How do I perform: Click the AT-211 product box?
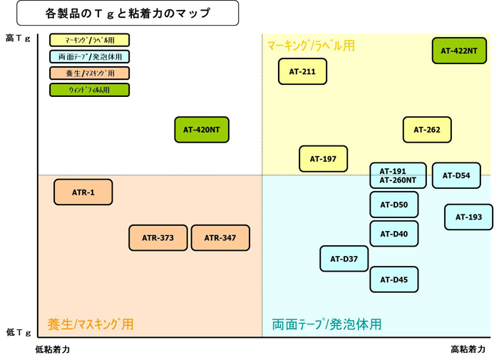tap(302, 71)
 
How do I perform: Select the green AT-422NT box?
tap(459, 51)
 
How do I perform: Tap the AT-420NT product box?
tap(202, 130)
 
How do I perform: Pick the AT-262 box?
tap(427, 130)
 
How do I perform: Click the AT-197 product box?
tap(324, 159)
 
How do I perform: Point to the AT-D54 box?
tap(456, 175)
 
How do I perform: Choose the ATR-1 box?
tap(83, 192)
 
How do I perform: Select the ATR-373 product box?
tap(158, 238)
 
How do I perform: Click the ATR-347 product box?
tap(220, 238)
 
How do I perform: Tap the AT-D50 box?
tap(394, 205)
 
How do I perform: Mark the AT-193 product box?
tap(469, 217)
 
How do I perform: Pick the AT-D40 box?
tap(394, 234)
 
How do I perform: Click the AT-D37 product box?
tap(344, 259)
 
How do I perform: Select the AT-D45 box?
tap(394, 279)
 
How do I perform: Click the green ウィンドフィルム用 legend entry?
tap(89, 90)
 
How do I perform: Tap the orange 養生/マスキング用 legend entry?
tap(89, 73)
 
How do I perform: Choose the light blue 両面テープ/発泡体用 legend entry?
tap(89, 56)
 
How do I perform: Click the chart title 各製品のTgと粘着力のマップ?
tap(128, 13)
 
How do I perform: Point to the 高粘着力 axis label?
tap(468, 349)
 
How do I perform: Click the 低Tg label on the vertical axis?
tap(19, 332)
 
